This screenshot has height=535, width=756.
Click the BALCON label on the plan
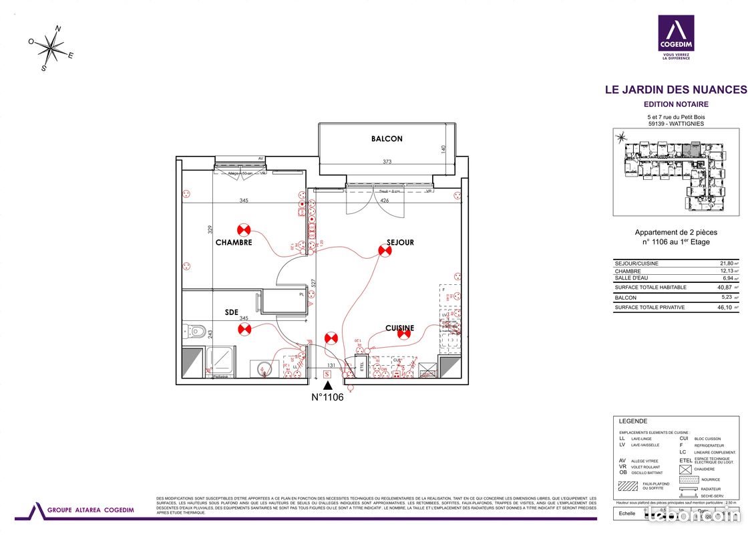coord(387,139)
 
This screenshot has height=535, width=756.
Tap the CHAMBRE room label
coord(234,243)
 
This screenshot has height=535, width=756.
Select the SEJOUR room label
coord(400,243)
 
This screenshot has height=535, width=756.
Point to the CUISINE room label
coord(399,328)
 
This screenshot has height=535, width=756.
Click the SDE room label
coord(232,312)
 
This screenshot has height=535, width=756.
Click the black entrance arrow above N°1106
coord(327,387)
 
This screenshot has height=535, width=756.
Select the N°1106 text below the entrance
coord(327,397)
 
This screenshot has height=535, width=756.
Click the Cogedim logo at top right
coord(675,38)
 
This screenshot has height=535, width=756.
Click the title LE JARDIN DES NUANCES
coord(675,90)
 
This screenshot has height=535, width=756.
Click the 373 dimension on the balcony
coord(387,161)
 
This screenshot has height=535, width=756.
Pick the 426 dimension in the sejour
coord(384,200)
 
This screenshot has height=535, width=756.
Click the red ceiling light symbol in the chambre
coord(243,229)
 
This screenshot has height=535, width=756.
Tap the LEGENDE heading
coord(633,421)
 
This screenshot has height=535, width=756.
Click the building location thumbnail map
coord(675,172)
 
